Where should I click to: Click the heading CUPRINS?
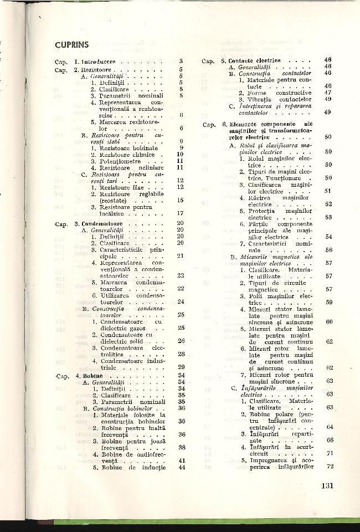click(x=76, y=44)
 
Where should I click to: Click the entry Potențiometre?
click(x=123, y=160)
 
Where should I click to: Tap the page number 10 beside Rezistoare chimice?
click(x=179, y=155)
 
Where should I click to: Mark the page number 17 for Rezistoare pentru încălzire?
click(x=180, y=213)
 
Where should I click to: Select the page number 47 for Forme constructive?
click(x=328, y=93)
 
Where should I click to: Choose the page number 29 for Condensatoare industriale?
click(x=180, y=366)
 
